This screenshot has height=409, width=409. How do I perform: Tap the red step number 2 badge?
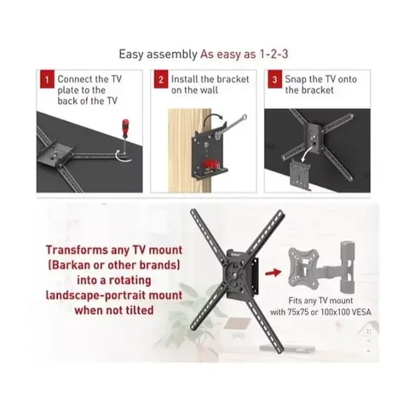pyautogui.click(x=159, y=81)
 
